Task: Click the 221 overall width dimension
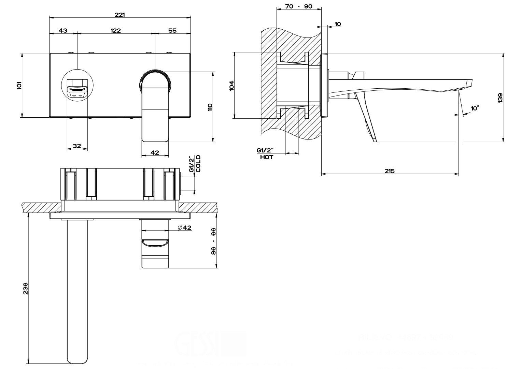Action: click(120, 15)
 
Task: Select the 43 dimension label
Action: click(63, 30)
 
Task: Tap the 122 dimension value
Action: click(116, 30)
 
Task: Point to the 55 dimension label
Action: click(172, 30)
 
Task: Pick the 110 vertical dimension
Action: click(210, 107)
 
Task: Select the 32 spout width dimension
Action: click(77, 146)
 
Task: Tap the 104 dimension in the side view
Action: click(231, 85)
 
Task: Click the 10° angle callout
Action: click(475, 108)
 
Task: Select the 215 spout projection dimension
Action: click(390, 171)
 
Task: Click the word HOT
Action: click(266, 158)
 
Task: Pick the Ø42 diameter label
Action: click(185, 228)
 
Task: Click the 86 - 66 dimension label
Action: click(214, 241)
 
